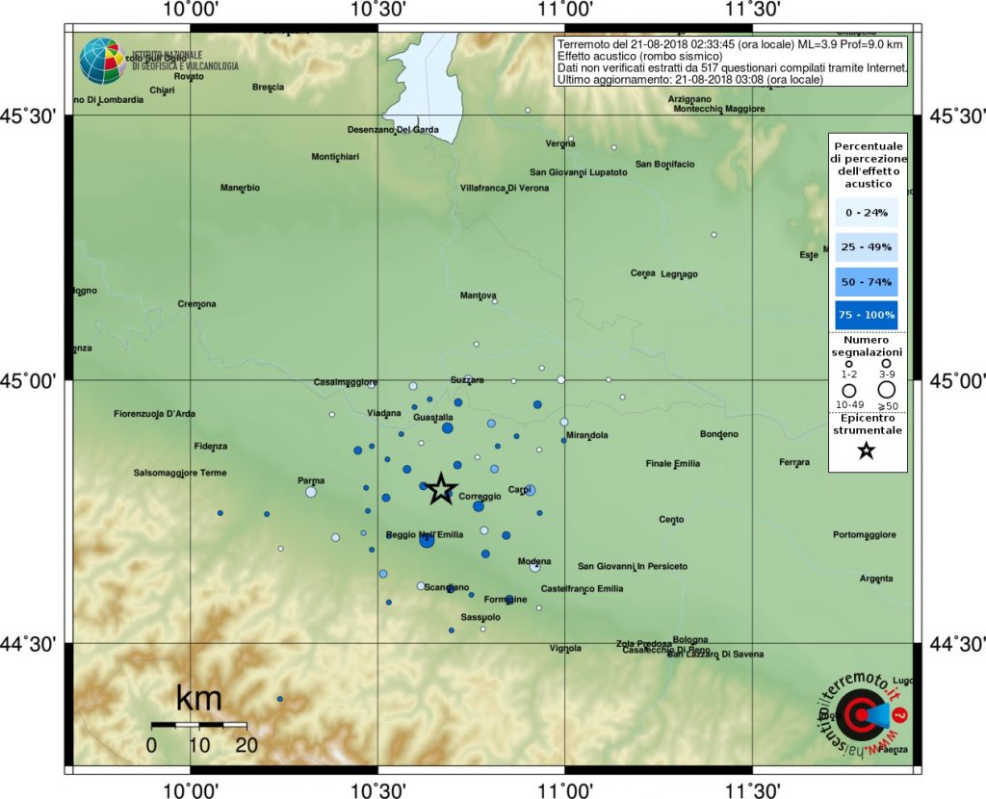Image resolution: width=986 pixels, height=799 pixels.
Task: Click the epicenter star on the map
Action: [x=441, y=489]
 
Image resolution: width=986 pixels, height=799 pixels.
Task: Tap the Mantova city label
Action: [x=479, y=296]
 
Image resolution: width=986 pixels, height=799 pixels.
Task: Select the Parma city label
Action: [x=311, y=480]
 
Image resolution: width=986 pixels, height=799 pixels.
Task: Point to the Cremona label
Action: [x=197, y=304]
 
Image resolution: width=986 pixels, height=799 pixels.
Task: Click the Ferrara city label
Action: [x=794, y=463]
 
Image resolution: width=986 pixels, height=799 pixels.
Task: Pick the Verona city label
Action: [x=560, y=144]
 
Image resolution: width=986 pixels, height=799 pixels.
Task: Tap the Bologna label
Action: [x=690, y=639]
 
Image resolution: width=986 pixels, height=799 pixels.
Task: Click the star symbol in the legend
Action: [x=866, y=451]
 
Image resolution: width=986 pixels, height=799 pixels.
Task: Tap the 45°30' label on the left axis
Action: [x=35, y=117]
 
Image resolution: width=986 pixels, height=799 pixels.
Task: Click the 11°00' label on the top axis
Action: [x=564, y=10]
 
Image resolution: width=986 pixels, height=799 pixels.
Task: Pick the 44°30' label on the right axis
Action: [x=951, y=643]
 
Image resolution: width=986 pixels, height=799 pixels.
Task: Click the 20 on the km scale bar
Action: [x=246, y=744]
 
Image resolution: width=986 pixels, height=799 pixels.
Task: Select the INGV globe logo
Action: [x=100, y=60]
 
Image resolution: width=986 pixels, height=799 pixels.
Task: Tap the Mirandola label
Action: [x=587, y=436]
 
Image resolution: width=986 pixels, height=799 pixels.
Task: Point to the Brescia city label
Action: [x=268, y=87]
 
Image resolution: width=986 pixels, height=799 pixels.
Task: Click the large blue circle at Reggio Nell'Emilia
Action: [x=427, y=541]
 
